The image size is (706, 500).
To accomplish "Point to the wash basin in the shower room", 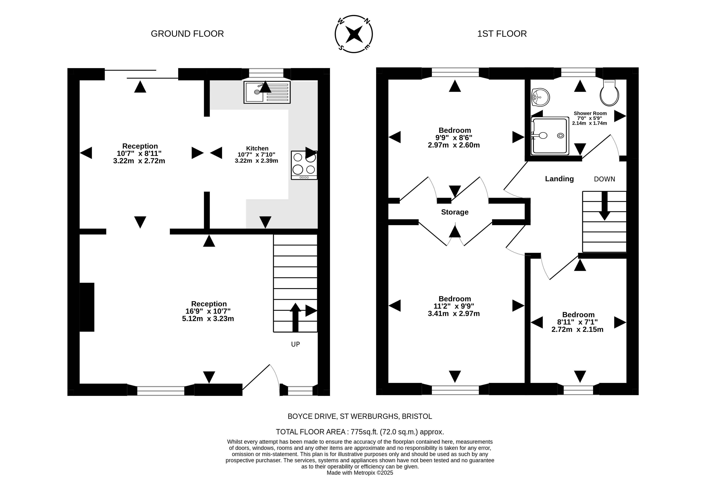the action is [x=540, y=97].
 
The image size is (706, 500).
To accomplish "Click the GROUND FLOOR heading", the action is [x=187, y=34].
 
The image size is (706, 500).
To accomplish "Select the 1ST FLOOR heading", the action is [x=502, y=34].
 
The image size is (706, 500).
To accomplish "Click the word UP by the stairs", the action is [x=295, y=344].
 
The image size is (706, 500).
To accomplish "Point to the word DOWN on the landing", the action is [x=604, y=179].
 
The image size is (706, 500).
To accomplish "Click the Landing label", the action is [x=559, y=179].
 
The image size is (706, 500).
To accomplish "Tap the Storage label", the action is [x=455, y=212].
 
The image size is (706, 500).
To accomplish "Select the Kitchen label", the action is [x=257, y=148].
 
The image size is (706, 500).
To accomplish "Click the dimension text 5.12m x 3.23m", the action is [x=208, y=319].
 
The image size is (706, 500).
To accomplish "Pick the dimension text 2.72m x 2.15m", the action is [x=577, y=329].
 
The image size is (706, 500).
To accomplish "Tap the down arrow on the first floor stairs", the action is [x=604, y=206].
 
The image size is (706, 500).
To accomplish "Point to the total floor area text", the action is [x=360, y=432].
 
